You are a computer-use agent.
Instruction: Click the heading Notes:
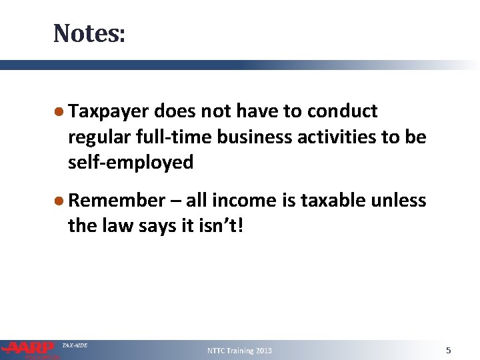pyautogui.click(x=89, y=33)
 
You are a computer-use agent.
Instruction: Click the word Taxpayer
pyautogui.click(x=109, y=111)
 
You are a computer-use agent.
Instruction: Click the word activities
pyautogui.click(x=335, y=137)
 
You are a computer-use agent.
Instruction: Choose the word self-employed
pyautogui.click(x=131, y=162)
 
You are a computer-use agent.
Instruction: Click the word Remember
pyautogui.click(x=116, y=201)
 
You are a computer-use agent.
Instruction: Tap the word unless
pyautogui.click(x=399, y=201)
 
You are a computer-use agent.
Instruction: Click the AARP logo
pyautogui.click(x=29, y=349)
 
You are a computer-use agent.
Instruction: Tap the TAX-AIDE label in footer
pyautogui.click(x=74, y=345)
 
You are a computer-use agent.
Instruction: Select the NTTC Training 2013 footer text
pyautogui.click(x=239, y=351)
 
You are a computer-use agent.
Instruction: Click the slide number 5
pyautogui.click(x=449, y=350)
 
